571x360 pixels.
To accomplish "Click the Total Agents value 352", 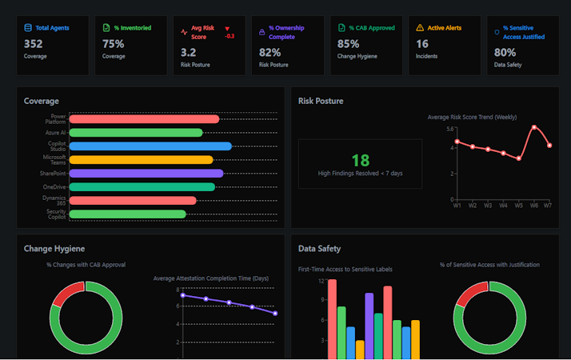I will pos(34,44).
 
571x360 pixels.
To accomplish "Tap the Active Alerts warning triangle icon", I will pos(421,28).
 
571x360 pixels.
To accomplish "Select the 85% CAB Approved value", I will pos(349,44).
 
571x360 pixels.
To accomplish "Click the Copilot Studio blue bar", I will pos(150,146).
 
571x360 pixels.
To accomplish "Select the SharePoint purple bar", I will pos(146,173).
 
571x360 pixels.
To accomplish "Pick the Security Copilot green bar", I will pos(128,214).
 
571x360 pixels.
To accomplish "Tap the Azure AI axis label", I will pos(56,132).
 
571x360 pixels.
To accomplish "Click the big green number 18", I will pos(360,160).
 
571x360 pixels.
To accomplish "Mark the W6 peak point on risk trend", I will pos(534,127).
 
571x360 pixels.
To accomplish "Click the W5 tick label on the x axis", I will pos(518,206).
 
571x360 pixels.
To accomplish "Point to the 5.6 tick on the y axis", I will pos(450,129).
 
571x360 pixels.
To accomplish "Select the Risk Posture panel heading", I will pos(321,102).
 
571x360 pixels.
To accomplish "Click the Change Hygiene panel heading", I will pos(54,249).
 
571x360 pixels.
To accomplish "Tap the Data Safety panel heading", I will pos(319,249).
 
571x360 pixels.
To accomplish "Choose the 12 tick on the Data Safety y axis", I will pos(321,282).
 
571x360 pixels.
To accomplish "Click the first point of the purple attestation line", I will pos(182,295).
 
